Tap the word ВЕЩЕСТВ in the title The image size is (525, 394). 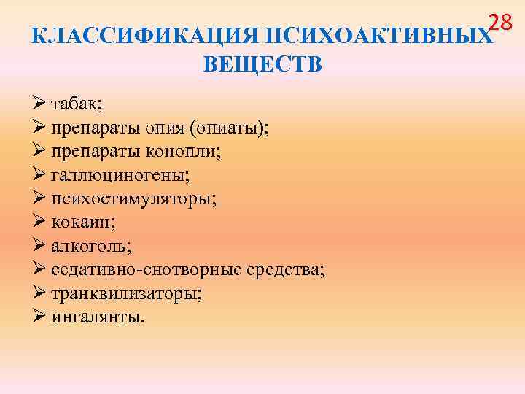262,65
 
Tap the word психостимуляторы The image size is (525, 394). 135,199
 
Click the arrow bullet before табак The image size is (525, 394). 39,104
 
